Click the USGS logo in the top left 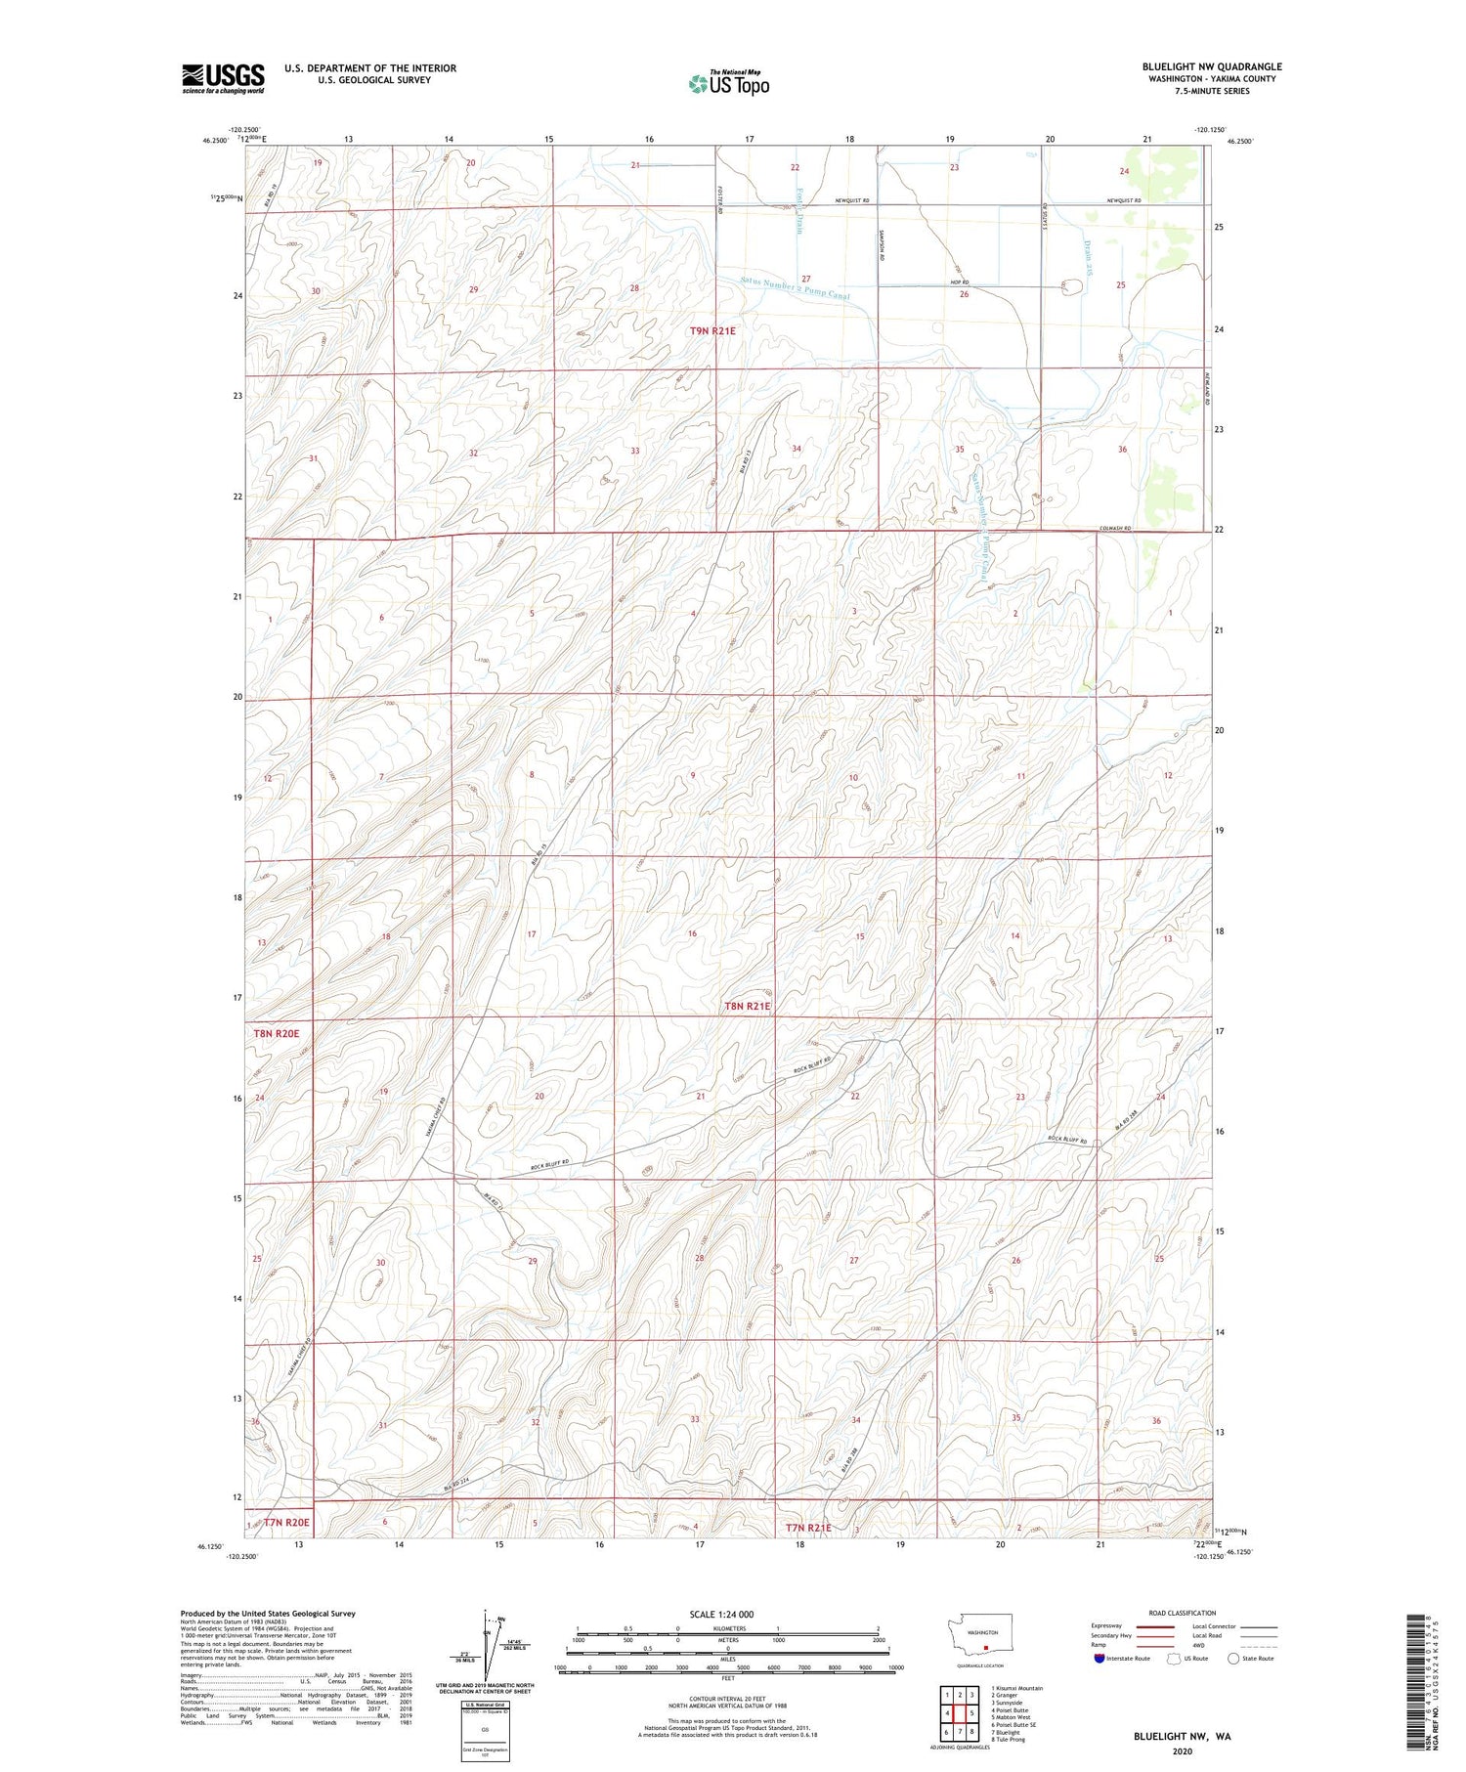pos(223,78)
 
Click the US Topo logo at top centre pos(728,84)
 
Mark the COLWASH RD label pos(1114,529)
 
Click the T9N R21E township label pos(712,331)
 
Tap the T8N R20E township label pos(277,1031)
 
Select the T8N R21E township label pos(747,1006)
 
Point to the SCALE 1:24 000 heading pos(727,1615)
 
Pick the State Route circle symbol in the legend pos(1233,1659)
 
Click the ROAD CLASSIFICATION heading pos(1183,1613)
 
